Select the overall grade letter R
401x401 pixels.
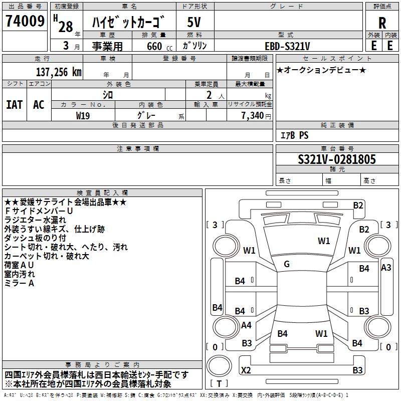coord(382,23)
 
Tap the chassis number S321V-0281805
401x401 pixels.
coord(337,160)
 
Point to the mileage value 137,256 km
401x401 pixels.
coord(59,72)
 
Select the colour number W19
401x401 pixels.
coord(83,115)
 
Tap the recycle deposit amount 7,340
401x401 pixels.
coord(253,116)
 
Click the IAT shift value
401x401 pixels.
coord(14,105)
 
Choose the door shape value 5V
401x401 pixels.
coord(194,23)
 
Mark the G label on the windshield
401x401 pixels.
coord(287,264)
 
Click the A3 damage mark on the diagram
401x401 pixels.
coord(386,268)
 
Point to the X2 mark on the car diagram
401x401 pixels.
coord(246,370)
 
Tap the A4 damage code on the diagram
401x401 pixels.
coord(246,325)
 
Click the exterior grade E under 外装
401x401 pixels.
coord(373,45)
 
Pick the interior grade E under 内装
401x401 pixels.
coord(390,45)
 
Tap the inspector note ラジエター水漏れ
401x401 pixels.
coord(35,220)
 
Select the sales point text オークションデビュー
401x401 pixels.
coord(321,70)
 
